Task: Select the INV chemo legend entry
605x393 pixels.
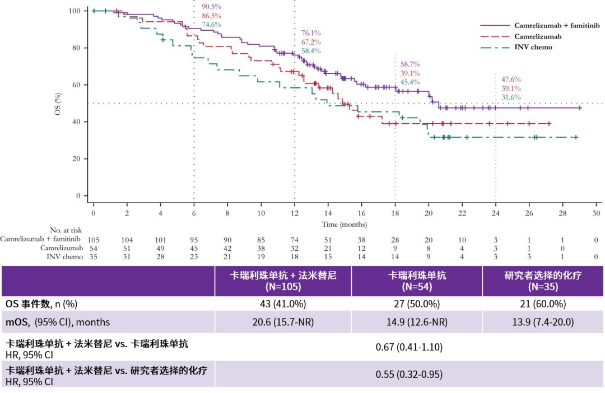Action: [x=533, y=47]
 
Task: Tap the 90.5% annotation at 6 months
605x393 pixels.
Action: [x=211, y=7]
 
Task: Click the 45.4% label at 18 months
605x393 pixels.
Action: [x=410, y=82]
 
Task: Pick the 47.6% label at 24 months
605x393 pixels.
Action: [x=511, y=79]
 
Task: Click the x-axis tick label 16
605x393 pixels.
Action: [x=361, y=213]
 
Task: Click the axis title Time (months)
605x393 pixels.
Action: [x=344, y=224]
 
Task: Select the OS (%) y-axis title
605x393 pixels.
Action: [x=58, y=104]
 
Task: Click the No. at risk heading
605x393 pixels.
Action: [x=66, y=230]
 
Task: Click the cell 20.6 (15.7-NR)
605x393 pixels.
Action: [x=283, y=322]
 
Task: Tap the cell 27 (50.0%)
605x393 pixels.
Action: [x=416, y=304]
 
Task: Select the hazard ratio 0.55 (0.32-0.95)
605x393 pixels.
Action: [x=409, y=373]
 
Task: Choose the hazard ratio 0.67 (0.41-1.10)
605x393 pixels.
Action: [x=409, y=347]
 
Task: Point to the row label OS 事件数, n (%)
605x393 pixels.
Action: [x=41, y=304]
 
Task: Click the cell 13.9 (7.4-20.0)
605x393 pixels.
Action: [x=542, y=322]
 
